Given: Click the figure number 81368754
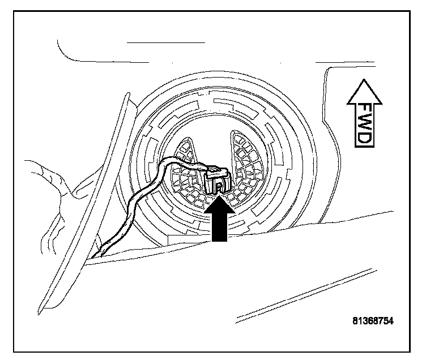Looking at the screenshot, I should pos(372,321).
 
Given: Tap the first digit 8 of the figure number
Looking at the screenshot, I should pos(353,321).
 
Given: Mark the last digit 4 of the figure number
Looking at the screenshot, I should pos(390,321).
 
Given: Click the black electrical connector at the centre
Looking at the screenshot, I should pos(215,178).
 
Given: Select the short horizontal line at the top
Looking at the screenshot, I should pos(165,42).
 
